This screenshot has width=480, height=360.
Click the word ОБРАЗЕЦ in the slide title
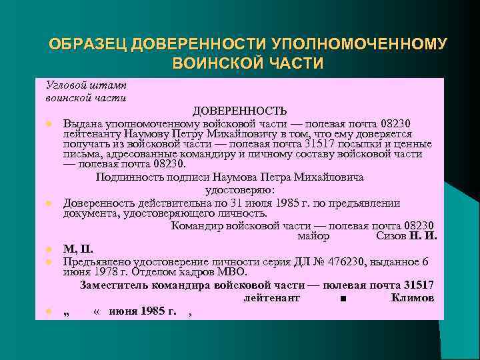[x=88, y=45]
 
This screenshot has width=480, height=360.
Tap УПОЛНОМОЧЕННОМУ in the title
[x=359, y=45]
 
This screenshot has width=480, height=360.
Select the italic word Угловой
[x=65, y=85]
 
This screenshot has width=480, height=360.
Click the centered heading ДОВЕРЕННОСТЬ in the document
[x=240, y=110]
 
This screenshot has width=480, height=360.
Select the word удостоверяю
[x=239, y=189]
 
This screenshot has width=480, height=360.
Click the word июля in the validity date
[x=238, y=203]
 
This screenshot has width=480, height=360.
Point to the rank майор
[x=313, y=236]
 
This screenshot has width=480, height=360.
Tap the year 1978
[x=105, y=272]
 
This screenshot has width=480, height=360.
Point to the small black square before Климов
[x=342, y=299]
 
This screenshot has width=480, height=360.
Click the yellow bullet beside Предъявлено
[x=49, y=262]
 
